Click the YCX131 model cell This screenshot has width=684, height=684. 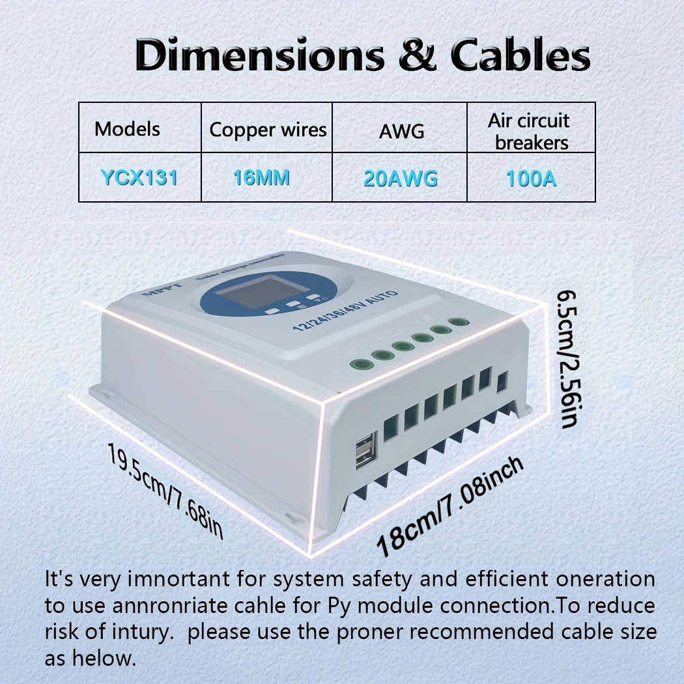(139, 178)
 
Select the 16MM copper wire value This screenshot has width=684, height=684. (261, 178)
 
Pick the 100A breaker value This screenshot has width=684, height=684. (531, 178)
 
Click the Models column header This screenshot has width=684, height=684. (127, 128)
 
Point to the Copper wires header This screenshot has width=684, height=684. (268, 130)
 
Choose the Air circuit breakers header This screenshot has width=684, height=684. (531, 132)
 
